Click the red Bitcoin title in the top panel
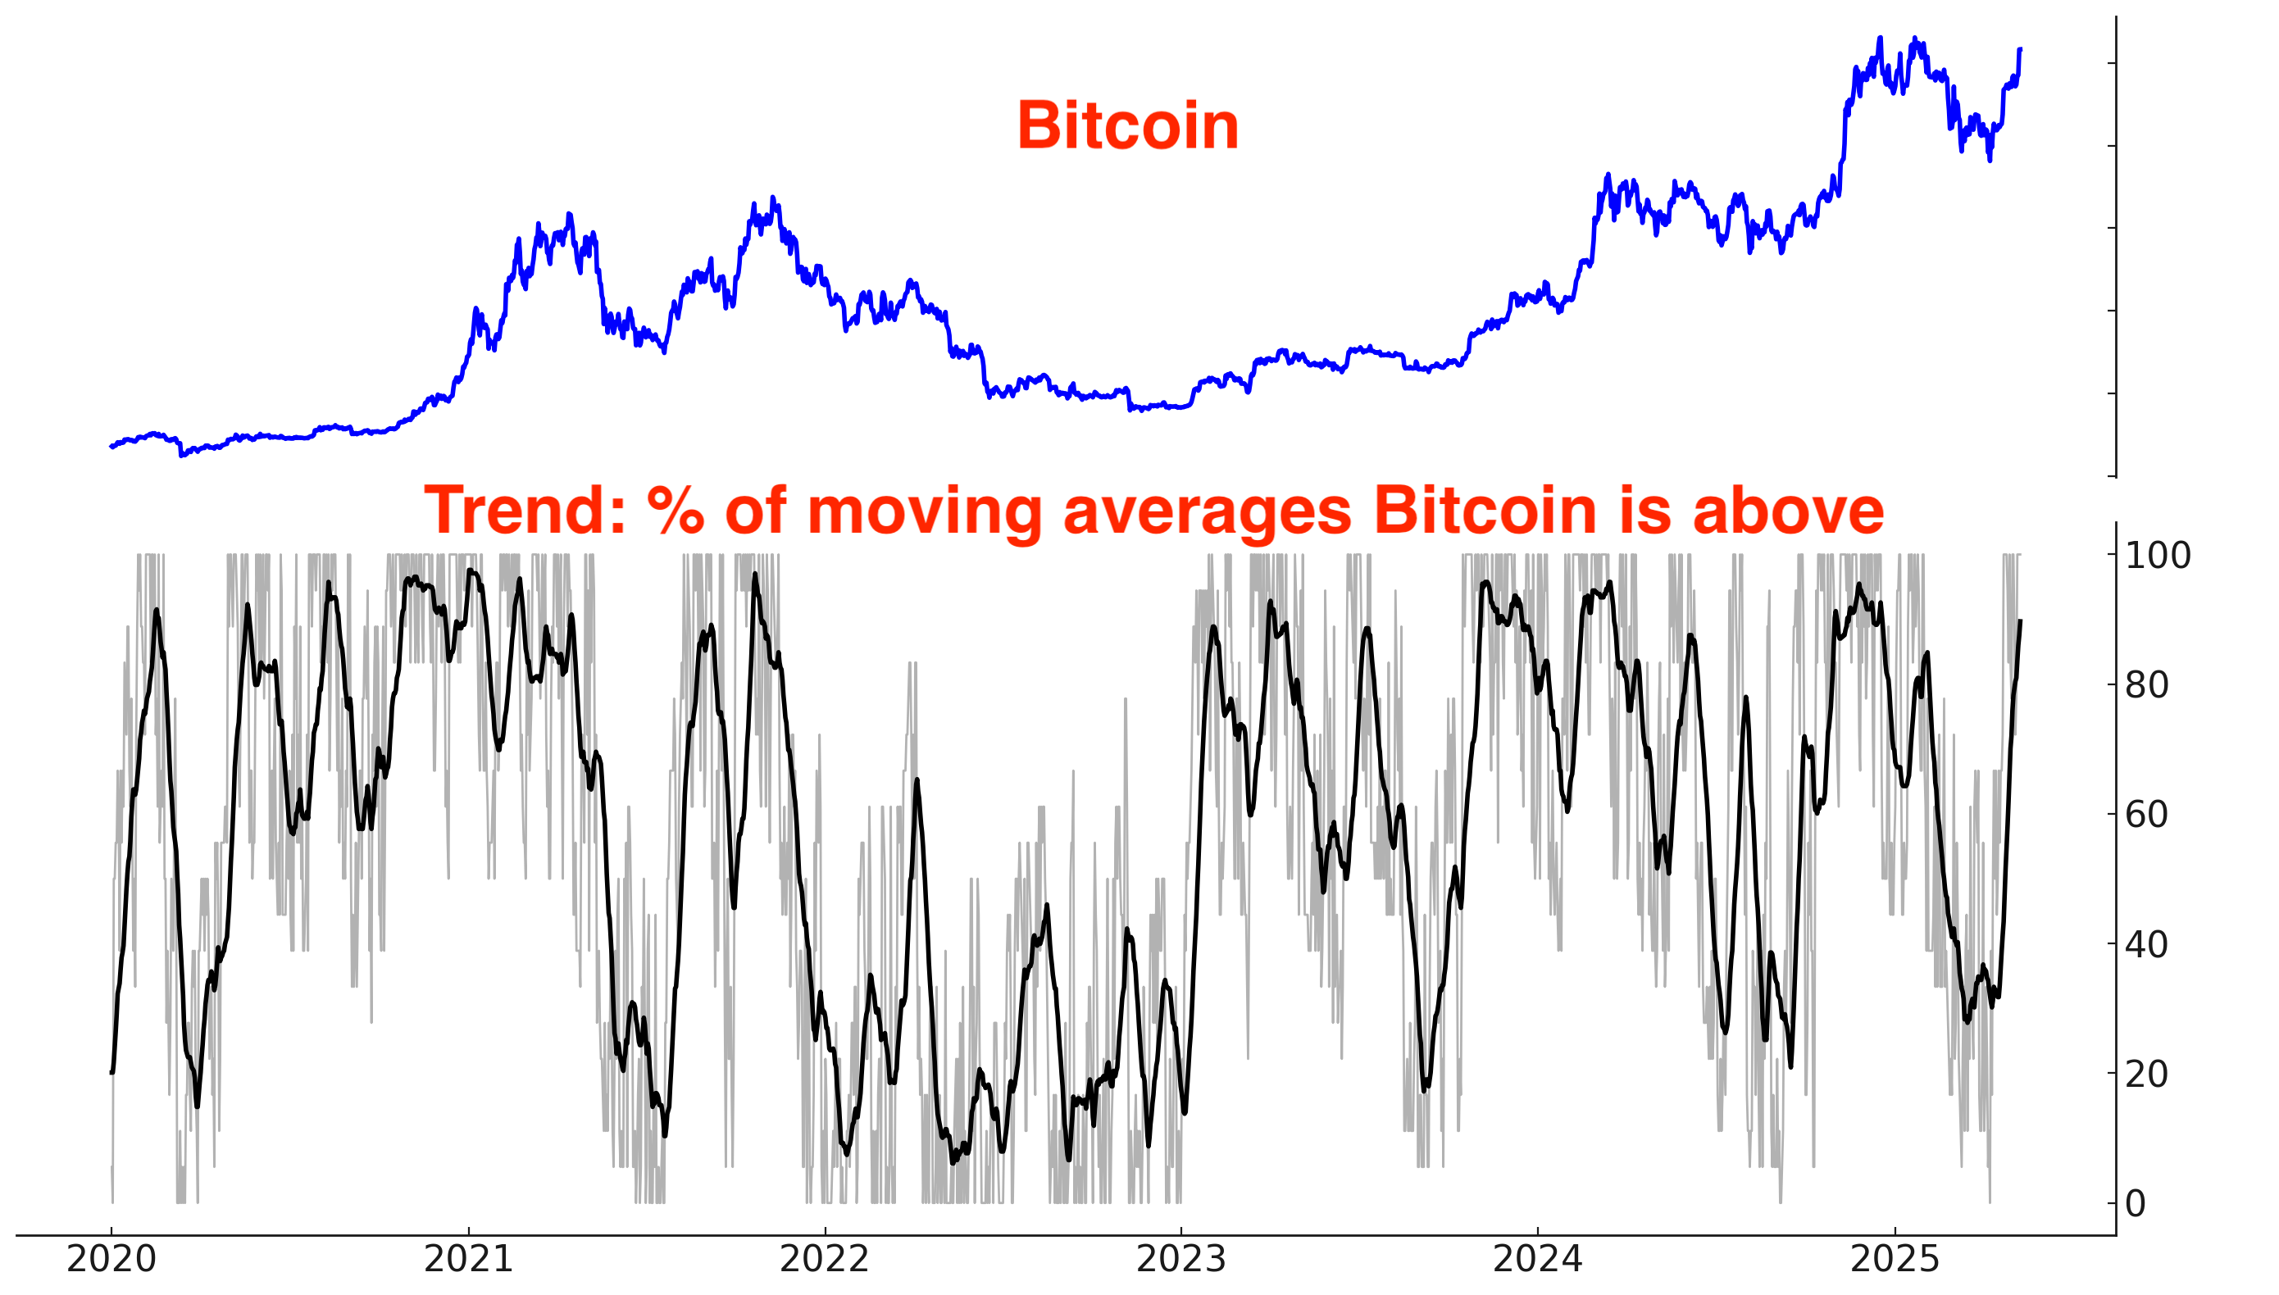pos(1127,126)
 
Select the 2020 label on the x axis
pos(111,1260)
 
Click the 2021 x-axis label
pos(468,1260)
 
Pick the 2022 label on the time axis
pos(825,1260)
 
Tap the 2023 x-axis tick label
pos(1181,1260)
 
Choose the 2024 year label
pos(1538,1260)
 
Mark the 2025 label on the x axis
pos(1895,1260)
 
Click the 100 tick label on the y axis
pos(2158,556)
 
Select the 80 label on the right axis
pos(2147,686)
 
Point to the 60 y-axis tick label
pos(2147,815)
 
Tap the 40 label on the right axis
pos(2147,944)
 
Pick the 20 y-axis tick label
pos(2147,1075)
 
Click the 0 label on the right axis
pos(2136,1204)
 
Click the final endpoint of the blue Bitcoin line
pos(2020,49)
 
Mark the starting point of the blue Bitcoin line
pos(111,447)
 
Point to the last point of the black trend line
pos(2020,620)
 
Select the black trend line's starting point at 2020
pos(111,1073)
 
